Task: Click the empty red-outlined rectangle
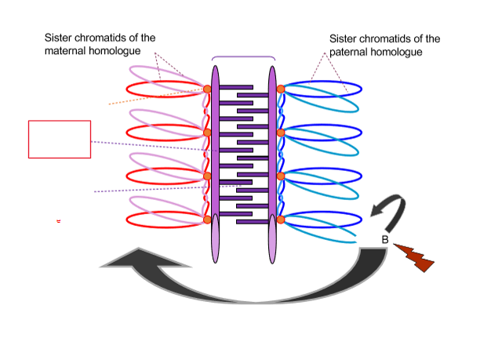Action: tap(60, 139)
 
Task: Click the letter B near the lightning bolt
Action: tap(385, 240)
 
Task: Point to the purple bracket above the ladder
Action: tap(243, 57)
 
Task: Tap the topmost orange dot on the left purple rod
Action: tap(207, 89)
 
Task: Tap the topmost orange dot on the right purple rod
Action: tap(280, 89)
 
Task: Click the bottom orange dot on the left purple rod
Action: tap(207, 220)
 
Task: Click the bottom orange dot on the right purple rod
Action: tap(280, 220)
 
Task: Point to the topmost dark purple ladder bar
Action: tap(235, 86)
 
